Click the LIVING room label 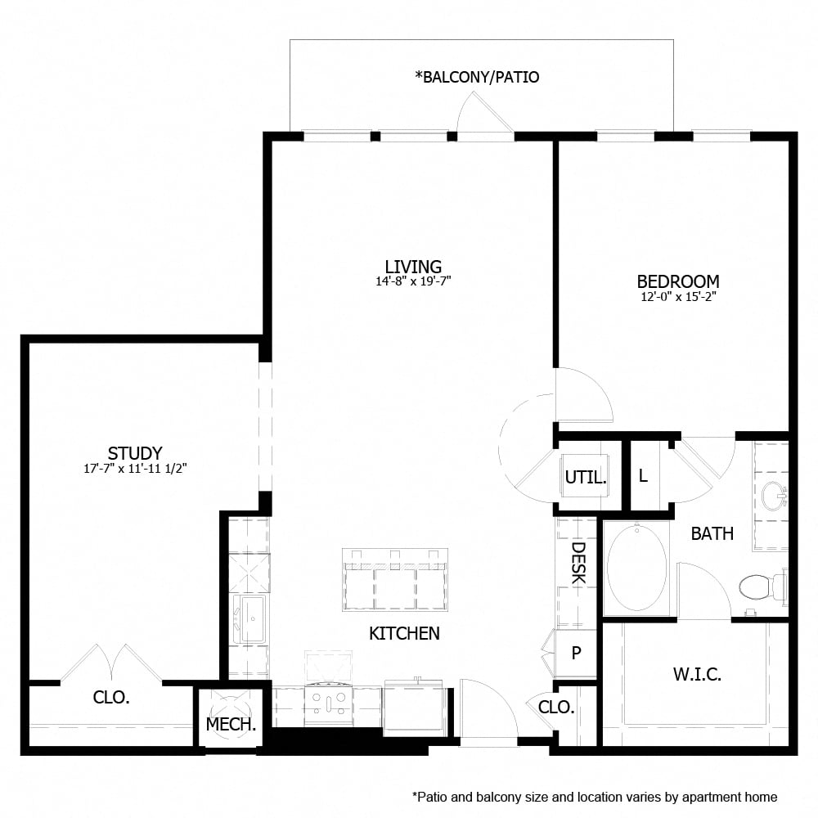413,267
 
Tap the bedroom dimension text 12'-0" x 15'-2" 678,297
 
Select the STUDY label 135,453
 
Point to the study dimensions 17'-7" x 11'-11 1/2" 135,470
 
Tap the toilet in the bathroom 758,587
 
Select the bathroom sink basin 772,496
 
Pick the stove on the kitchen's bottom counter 328,702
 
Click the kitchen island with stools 395,581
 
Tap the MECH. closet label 231,724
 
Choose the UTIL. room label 586,478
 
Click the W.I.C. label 697,675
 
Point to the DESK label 578,564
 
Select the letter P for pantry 577,653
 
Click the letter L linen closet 643,476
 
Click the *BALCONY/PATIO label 478,78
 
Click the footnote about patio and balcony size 595,797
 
